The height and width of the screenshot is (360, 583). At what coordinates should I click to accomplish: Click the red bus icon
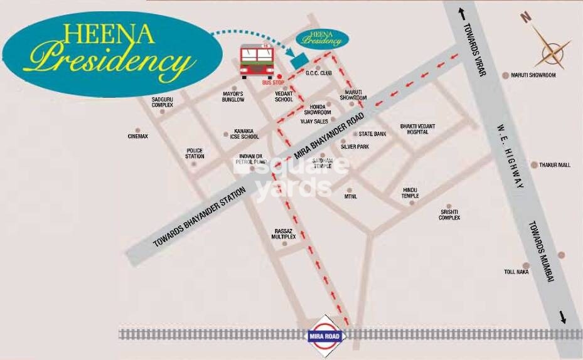256,61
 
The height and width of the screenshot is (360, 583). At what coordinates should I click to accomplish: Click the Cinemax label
138,136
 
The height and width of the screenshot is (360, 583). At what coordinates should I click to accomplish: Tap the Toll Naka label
517,272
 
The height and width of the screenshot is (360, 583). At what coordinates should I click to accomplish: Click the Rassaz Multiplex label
284,234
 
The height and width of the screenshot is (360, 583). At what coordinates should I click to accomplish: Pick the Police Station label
195,153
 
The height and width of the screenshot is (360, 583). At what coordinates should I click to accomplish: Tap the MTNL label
350,196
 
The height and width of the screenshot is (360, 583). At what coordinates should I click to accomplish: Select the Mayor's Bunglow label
233,97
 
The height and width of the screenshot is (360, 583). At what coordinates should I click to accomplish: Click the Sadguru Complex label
162,102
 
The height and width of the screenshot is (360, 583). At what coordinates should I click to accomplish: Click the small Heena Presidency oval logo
322,38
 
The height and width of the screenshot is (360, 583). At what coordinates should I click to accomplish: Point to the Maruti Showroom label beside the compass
533,75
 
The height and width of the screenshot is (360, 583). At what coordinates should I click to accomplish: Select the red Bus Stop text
274,83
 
